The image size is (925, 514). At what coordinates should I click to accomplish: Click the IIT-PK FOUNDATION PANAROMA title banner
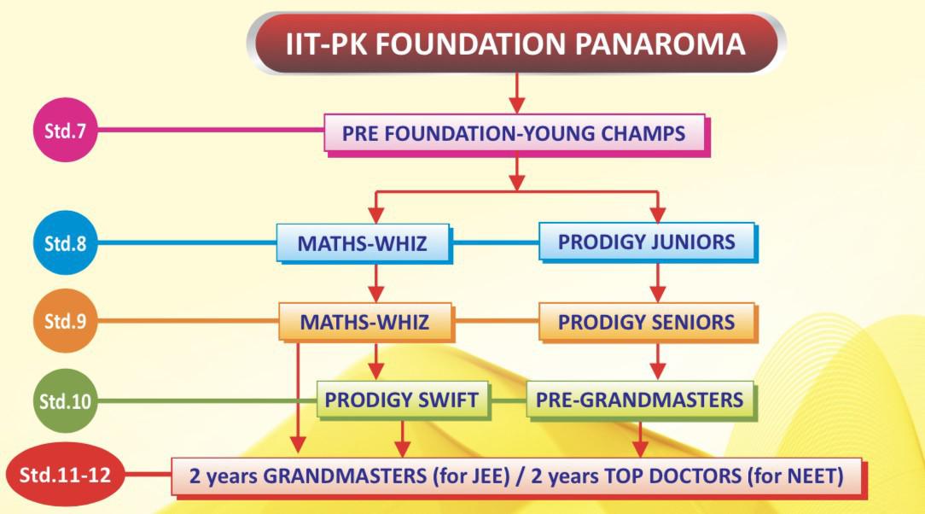coord(516,44)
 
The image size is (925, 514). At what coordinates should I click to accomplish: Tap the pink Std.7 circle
coord(65,130)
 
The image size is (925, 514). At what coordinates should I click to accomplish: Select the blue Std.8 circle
coord(65,242)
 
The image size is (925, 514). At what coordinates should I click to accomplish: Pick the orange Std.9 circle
coord(65,320)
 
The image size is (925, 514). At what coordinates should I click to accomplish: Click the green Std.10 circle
coord(65,400)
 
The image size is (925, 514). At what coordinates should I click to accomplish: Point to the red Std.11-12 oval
coord(65,475)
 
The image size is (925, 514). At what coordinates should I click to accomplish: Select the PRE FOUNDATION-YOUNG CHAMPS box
coord(516,135)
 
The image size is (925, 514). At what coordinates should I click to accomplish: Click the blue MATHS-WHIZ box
coord(364,243)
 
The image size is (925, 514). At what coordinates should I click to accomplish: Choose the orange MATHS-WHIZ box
coord(366,322)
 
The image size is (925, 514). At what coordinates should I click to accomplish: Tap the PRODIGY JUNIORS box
coord(648,242)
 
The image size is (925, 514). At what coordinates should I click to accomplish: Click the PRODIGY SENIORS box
coord(648,322)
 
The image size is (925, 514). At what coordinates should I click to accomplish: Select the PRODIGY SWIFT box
coord(404,400)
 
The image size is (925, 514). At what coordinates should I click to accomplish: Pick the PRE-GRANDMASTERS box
coord(641,400)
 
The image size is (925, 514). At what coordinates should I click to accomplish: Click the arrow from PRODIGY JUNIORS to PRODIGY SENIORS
coord(658,283)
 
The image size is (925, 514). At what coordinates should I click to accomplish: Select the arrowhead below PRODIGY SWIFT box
coord(402,448)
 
